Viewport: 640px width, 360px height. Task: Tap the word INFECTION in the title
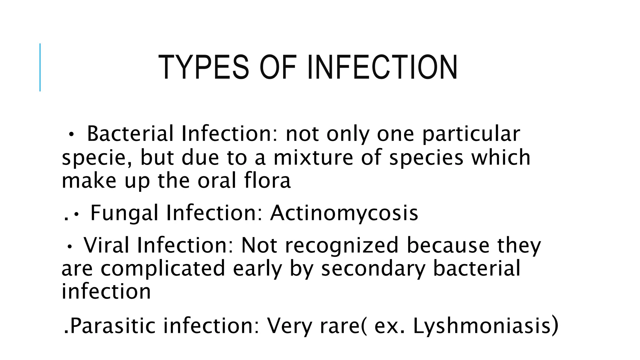click(382, 67)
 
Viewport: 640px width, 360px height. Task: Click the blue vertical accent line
click(40, 67)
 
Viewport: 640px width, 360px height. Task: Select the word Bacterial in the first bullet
click(130, 134)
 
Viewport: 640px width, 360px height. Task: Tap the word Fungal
click(124, 213)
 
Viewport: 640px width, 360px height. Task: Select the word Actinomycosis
click(344, 213)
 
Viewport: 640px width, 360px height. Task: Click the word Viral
click(106, 245)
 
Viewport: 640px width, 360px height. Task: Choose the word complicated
click(163, 268)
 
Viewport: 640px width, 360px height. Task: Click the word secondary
click(373, 268)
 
